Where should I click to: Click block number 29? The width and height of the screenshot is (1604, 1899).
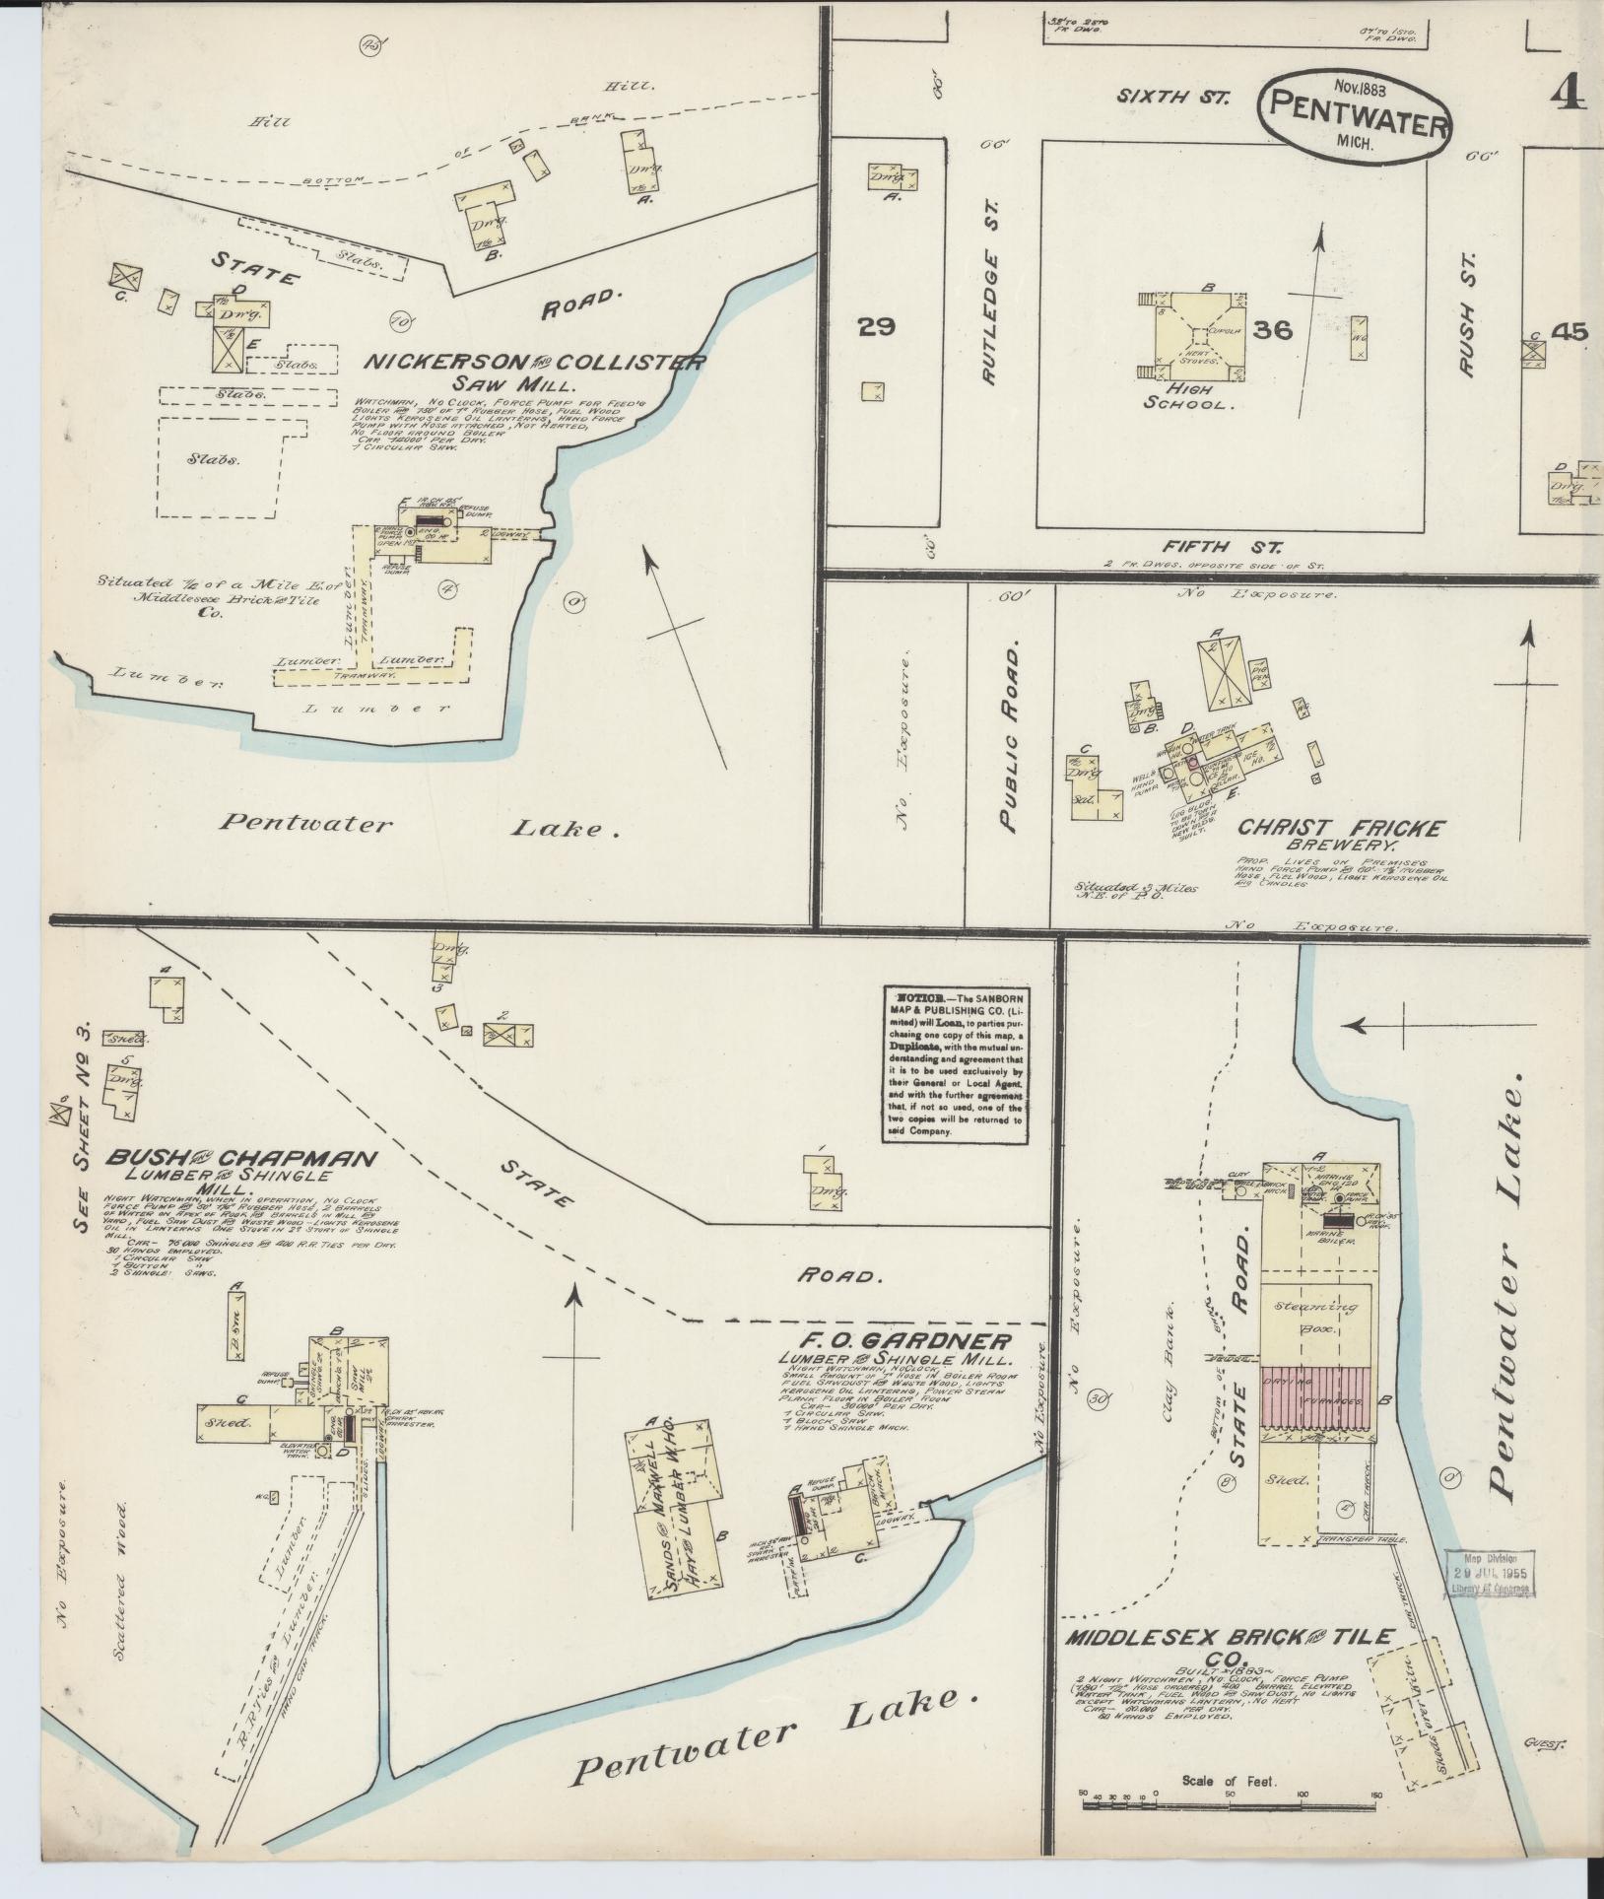click(876, 327)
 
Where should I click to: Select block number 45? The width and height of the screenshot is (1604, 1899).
click(1568, 332)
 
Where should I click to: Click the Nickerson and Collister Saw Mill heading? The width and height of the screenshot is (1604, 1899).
click(534, 370)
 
